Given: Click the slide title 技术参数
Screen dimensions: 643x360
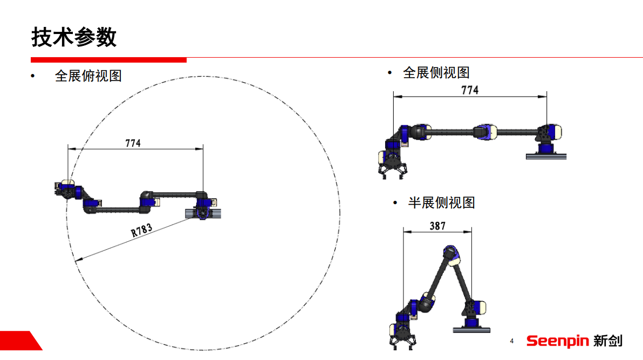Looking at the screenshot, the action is [74, 37].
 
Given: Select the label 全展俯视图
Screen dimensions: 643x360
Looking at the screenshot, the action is [88, 76].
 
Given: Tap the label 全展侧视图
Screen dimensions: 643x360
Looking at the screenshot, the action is [436, 73].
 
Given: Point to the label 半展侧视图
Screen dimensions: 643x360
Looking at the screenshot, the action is [441, 203].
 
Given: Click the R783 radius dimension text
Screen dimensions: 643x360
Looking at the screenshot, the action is [141, 230].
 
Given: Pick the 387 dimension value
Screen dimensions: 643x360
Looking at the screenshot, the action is [437, 226].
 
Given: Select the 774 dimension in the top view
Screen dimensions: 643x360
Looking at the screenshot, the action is [133, 143].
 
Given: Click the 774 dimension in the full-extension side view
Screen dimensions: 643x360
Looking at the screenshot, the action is [470, 90].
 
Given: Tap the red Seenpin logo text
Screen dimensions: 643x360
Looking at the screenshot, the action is [557, 341].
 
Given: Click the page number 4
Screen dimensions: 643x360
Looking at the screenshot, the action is [512, 341].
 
